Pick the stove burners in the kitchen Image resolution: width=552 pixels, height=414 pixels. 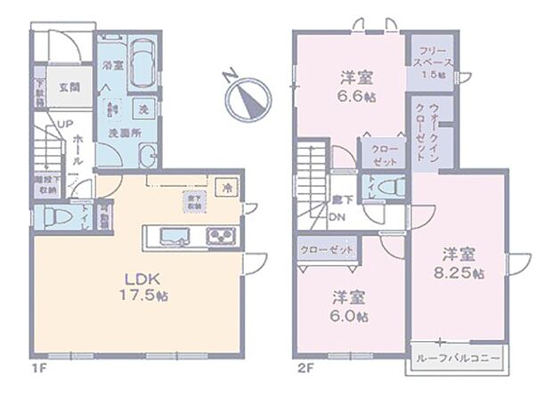[220, 236]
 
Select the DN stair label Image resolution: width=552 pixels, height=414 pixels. [338, 216]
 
